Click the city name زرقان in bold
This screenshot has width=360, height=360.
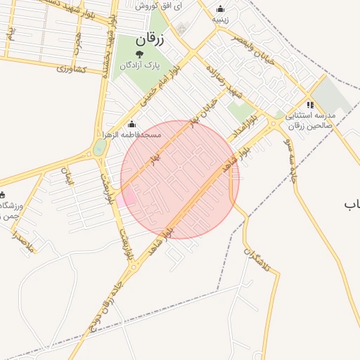coord(149,39)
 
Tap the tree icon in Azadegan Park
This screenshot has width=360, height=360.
coord(139,53)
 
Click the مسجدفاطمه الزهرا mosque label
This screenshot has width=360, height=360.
coord(132,134)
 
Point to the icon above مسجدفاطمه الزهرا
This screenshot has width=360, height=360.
coord(132,124)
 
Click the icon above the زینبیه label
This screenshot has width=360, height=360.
coord(221,9)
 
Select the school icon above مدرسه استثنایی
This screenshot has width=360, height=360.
coord(310,105)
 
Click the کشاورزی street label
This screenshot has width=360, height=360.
coord(71,68)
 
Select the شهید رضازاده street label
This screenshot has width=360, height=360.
coord(224,82)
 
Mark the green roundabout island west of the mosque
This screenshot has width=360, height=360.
coord(100,147)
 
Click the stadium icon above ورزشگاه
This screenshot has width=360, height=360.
coord(2,195)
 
